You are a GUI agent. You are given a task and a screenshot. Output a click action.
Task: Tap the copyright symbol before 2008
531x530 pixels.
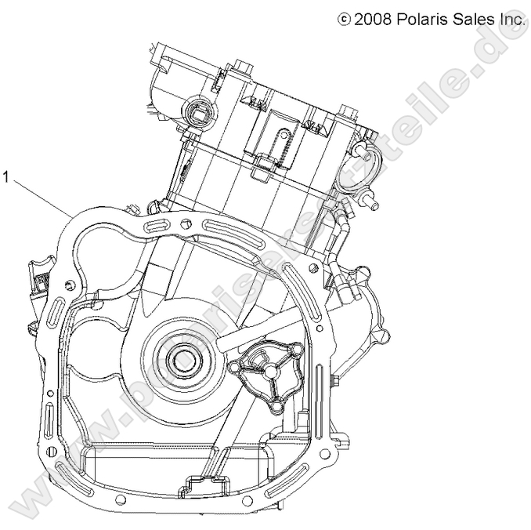(343, 19)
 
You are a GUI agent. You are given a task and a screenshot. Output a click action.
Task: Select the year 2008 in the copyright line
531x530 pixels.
(371, 19)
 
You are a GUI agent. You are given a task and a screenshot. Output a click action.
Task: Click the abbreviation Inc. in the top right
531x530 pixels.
(510, 19)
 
